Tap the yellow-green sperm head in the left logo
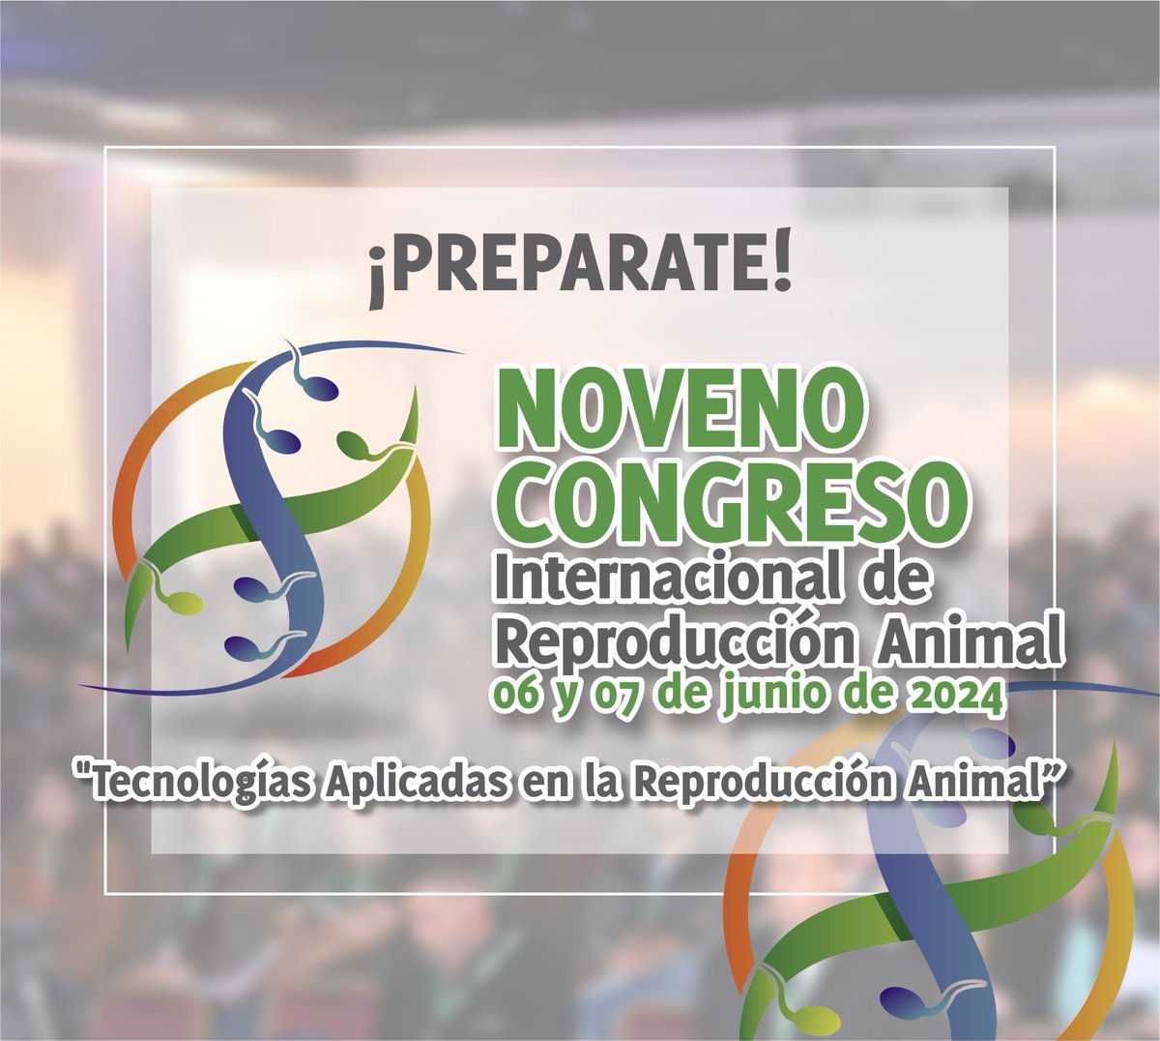pos(185,602)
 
